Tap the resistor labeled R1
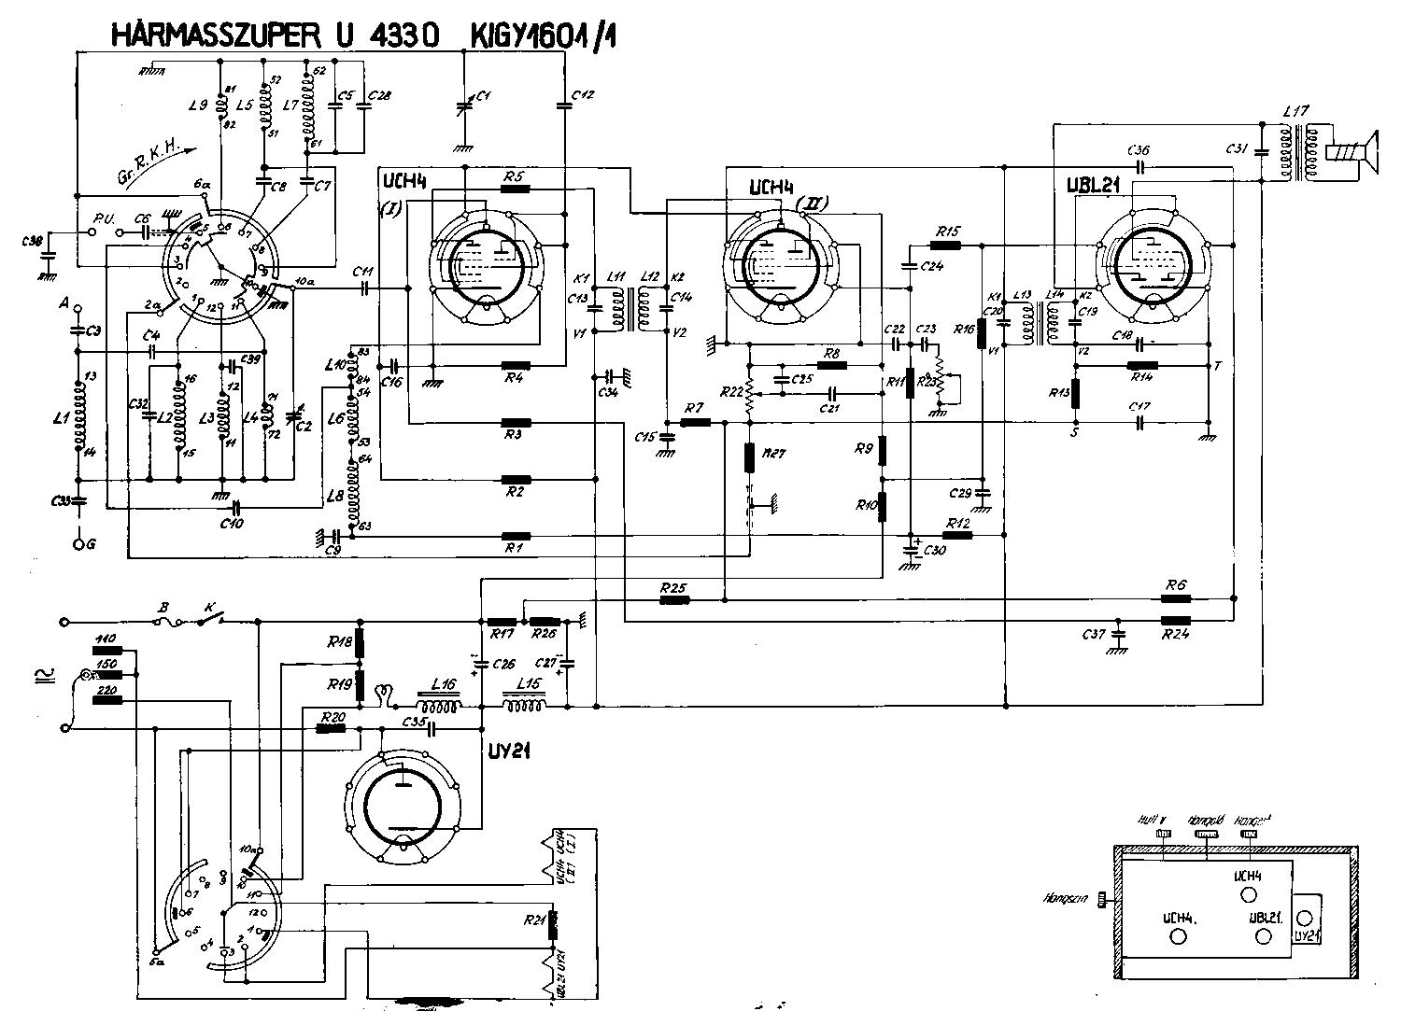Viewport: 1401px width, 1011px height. point(516,537)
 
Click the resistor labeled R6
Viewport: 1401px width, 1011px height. point(1176,597)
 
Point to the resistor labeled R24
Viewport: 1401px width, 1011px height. point(1176,620)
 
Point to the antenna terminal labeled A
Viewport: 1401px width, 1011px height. point(78,309)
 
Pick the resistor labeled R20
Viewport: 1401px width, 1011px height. point(332,729)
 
